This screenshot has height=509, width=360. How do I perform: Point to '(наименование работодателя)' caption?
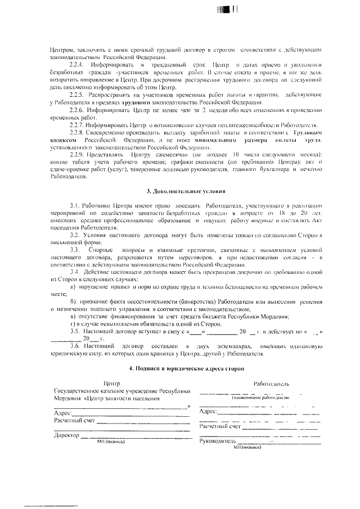pos(259,397)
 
